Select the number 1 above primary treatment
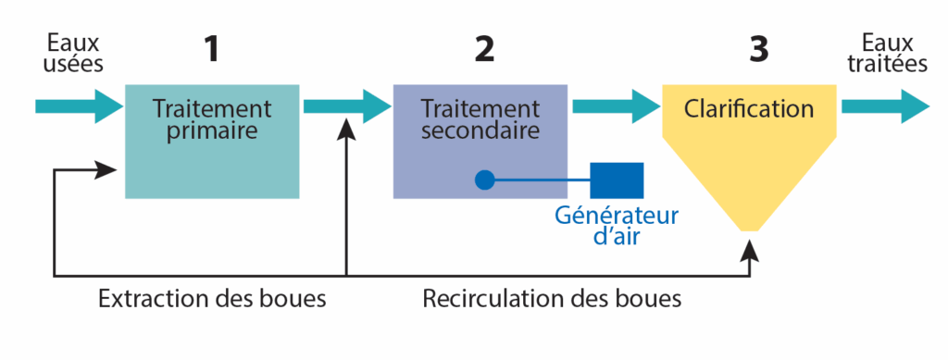pyautogui.click(x=212, y=49)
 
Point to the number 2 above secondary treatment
pyautogui.click(x=484, y=49)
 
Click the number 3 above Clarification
pyautogui.click(x=758, y=49)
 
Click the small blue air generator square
pyautogui.click(x=617, y=180)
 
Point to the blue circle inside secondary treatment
pyautogui.click(x=484, y=180)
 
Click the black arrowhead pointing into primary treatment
pyautogui.click(x=107, y=169)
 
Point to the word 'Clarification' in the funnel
pyautogui.click(x=749, y=108)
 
